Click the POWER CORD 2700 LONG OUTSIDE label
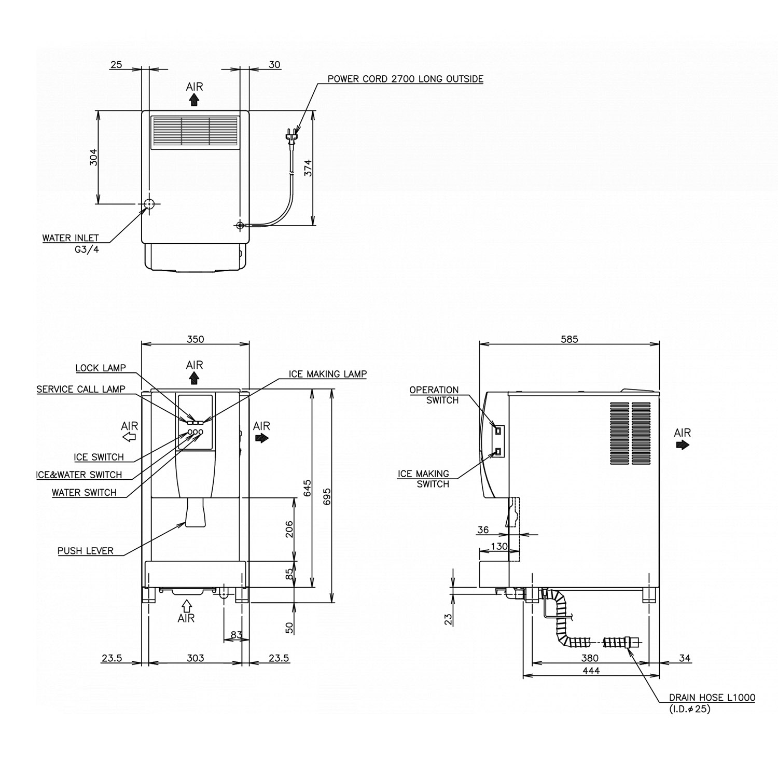tap(405, 79)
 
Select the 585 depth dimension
tap(569, 339)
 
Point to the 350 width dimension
tap(195, 339)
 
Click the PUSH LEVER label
tap(86, 551)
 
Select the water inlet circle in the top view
tap(149, 204)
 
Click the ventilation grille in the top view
tap(195, 132)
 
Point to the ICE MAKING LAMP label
tap(327, 374)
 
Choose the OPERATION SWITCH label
tap(434, 395)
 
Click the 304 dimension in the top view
tap(93, 157)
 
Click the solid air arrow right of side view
tap(683, 445)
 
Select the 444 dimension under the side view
tap(591, 671)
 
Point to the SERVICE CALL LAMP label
tap(81, 389)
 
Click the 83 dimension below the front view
tap(236, 635)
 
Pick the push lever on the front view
tap(195, 513)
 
